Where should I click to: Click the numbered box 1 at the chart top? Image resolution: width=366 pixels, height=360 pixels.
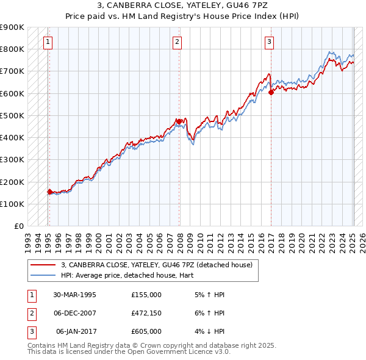(48, 42)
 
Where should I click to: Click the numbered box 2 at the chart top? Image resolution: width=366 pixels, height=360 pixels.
(177, 42)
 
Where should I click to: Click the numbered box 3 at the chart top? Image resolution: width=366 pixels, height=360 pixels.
(269, 42)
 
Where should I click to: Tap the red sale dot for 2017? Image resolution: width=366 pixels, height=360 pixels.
(271, 92)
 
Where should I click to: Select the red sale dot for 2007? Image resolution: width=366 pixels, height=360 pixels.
(179, 121)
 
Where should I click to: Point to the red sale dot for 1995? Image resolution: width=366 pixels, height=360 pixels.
(49, 192)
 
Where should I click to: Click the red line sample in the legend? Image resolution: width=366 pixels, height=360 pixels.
(43, 265)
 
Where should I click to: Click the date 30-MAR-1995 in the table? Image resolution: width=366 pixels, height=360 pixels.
(75, 295)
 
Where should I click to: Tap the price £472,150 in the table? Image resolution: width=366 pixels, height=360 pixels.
(146, 313)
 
